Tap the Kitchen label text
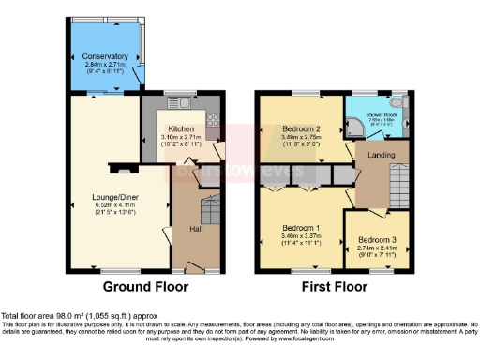pos(181,128)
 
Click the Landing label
pos(381,155)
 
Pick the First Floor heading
pos(335,286)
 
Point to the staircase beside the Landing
pos(400,177)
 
